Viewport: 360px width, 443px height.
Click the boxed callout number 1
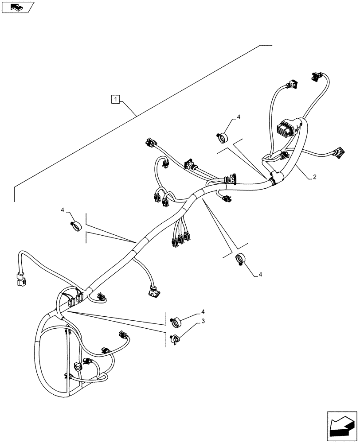pyautogui.click(x=115, y=99)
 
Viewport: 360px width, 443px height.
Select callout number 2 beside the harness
pyautogui.click(x=314, y=177)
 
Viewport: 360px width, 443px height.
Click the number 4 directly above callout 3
pyautogui.click(x=203, y=312)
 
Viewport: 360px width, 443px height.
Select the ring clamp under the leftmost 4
pyautogui.click(x=76, y=225)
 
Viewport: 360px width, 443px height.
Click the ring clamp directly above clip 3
pyautogui.click(x=177, y=322)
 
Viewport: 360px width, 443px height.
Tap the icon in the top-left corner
pyautogui.click(x=17, y=7)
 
